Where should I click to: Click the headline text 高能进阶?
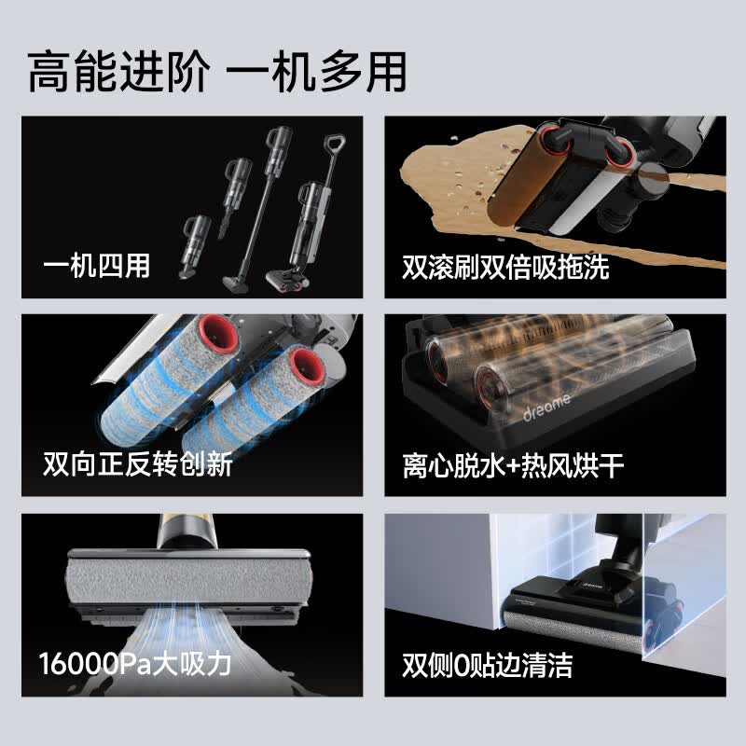[x=118, y=72]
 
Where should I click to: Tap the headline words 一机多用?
[x=316, y=72]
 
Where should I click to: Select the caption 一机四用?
[x=97, y=266]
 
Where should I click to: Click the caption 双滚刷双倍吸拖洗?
[x=505, y=267]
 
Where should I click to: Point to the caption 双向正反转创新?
[x=138, y=463]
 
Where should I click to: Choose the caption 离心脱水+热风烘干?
[x=513, y=465]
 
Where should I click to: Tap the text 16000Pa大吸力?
[x=135, y=663]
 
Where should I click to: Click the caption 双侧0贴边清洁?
[x=487, y=665]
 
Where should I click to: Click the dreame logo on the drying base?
[x=546, y=408]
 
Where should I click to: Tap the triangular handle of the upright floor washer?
[x=334, y=143]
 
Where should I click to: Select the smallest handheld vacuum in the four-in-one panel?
[x=196, y=246]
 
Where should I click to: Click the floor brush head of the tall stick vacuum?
[x=236, y=283]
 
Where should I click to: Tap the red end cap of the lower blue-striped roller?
[x=308, y=370]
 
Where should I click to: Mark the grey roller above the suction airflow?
[x=189, y=580]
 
